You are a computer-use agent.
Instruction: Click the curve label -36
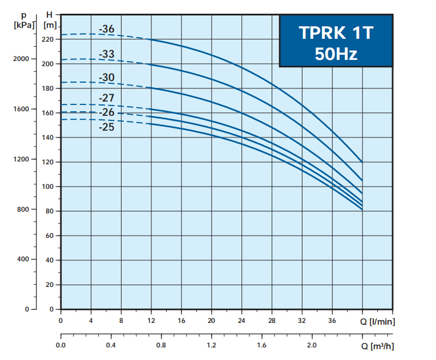(x=107, y=29)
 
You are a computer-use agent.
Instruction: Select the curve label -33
(x=107, y=54)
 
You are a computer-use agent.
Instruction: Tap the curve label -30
(x=107, y=78)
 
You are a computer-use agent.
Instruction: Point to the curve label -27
(x=107, y=98)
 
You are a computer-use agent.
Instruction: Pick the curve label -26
(x=107, y=112)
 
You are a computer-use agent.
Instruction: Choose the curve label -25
(x=107, y=127)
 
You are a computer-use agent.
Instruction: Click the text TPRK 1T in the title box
(x=336, y=33)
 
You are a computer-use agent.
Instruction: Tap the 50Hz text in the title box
(x=336, y=54)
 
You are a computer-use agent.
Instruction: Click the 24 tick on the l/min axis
(x=241, y=321)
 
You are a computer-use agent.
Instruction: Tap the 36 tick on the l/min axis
(x=332, y=321)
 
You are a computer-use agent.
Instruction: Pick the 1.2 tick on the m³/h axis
(x=211, y=346)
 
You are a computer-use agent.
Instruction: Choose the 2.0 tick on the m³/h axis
(x=312, y=346)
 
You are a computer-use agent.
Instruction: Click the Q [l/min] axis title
(x=377, y=322)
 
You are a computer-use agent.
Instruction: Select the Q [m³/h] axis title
(x=377, y=346)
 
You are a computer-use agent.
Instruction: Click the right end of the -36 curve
(x=362, y=161)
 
